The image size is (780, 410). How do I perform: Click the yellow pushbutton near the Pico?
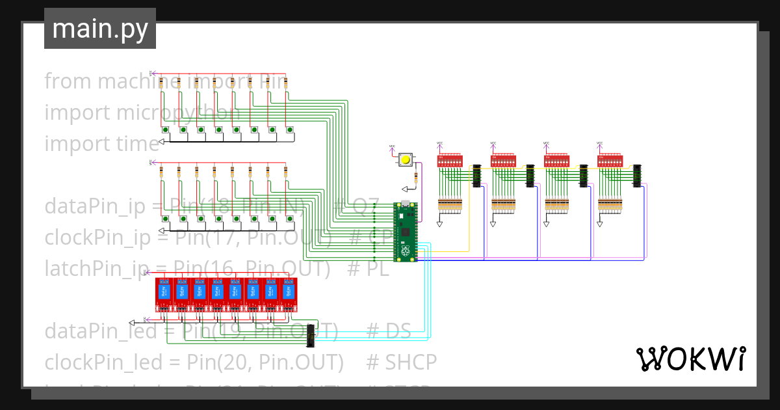[406, 159]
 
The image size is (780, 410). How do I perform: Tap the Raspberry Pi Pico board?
[406, 232]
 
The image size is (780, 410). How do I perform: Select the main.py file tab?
[100, 29]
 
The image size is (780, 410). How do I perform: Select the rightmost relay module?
[289, 294]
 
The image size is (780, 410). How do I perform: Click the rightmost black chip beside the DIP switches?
[637, 176]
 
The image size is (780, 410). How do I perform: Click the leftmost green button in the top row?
[166, 131]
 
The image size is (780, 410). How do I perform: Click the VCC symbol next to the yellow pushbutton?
[391, 148]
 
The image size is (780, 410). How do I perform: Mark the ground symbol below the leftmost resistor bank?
[439, 224]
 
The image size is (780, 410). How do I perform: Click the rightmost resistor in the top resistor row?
[286, 83]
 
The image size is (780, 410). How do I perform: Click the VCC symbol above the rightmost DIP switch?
[599, 144]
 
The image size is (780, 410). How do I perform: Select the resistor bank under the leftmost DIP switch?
[450, 204]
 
